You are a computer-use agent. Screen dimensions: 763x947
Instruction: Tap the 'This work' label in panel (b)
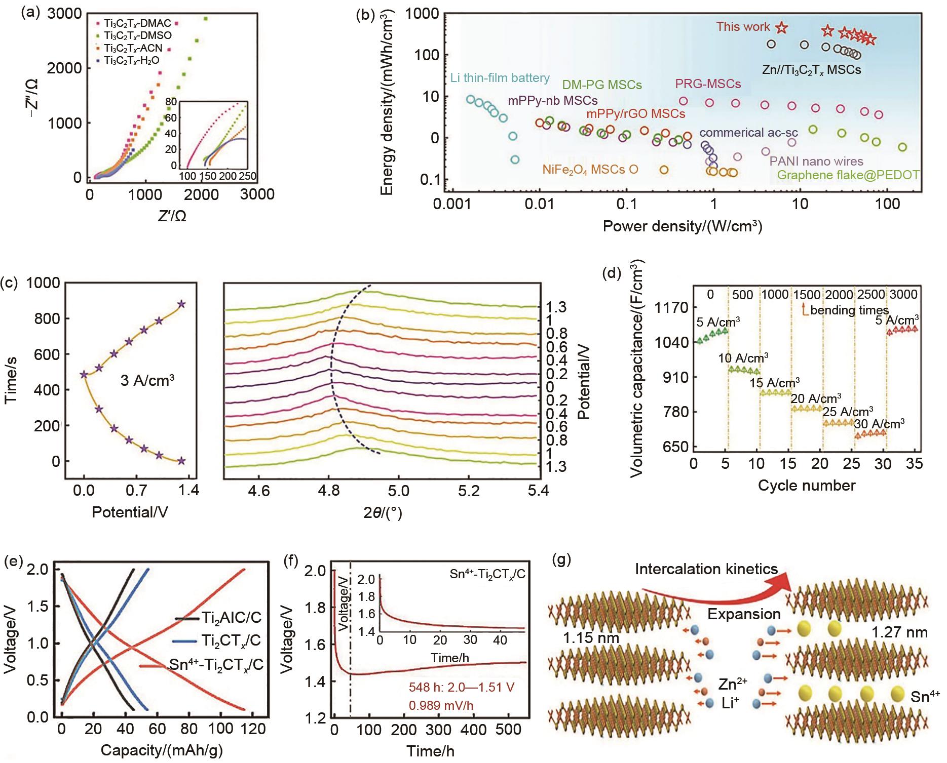tap(743, 27)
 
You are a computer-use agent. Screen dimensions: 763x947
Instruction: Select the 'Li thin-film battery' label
tap(500, 78)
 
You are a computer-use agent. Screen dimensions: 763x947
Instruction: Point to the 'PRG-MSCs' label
tap(708, 84)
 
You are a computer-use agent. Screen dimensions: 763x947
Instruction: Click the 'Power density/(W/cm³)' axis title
tap(683, 226)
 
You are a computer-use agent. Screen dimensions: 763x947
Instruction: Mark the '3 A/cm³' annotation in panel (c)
tap(147, 380)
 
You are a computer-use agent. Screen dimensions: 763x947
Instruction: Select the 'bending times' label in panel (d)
tap(849, 310)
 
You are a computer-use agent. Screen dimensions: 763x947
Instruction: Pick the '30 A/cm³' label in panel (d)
tap(880, 423)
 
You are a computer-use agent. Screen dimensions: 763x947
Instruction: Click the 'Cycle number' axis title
tap(807, 486)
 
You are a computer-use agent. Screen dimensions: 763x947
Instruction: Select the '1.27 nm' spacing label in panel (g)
tap(899, 632)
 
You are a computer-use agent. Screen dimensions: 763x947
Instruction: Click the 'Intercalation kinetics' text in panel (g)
tap(706, 569)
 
